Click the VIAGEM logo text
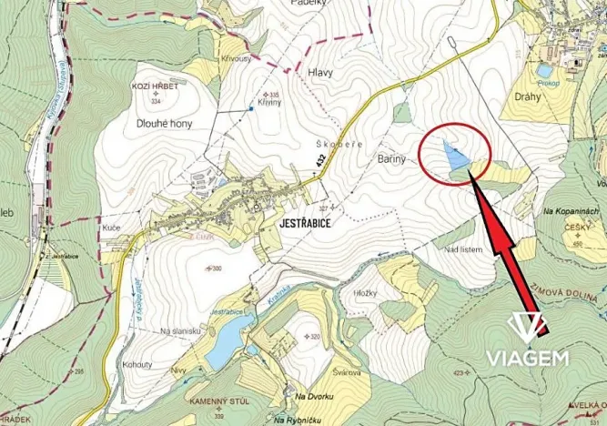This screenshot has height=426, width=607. coord(527,358)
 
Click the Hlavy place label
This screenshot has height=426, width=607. coord(320,73)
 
